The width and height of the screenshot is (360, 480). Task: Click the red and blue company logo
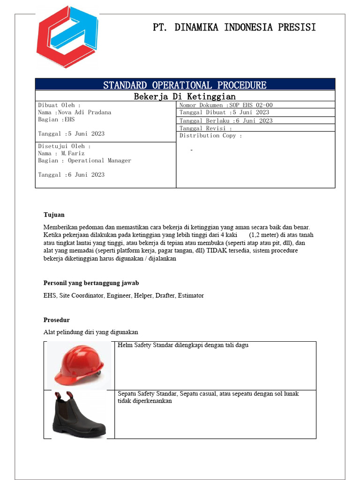click(67, 37)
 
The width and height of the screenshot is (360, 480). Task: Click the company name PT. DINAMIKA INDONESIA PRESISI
click(234, 27)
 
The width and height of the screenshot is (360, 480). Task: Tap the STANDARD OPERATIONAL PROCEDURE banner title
click(185, 85)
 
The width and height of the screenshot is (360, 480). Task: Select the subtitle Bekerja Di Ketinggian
click(185, 97)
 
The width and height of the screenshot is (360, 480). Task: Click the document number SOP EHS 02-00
click(251, 105)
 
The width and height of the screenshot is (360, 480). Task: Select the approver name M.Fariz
click(73, 153)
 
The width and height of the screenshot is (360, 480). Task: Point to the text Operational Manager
click(99, 160)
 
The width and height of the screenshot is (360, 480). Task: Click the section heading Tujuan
click(54, 215)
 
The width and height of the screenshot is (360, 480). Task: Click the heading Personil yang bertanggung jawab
click(91, 283)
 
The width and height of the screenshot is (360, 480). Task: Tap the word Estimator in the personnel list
click(190, 295)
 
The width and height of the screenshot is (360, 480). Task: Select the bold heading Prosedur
click(56, 320)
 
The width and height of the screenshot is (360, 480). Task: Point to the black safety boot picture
click(79, 415)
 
